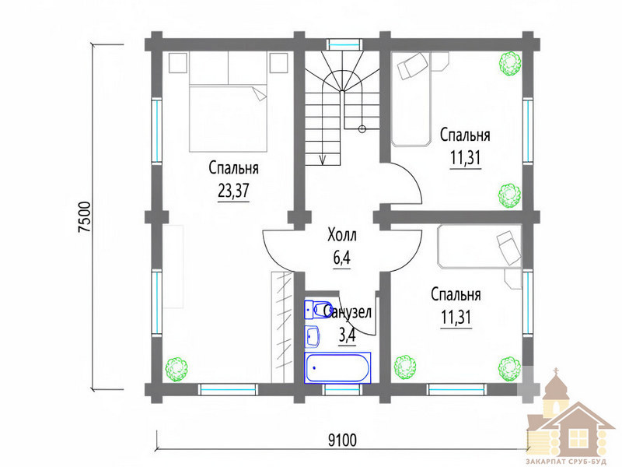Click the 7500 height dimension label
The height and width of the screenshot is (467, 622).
pyautogui.click(x=86, y=217)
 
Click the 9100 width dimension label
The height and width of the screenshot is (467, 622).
pyautogui.click(x=343, y=440)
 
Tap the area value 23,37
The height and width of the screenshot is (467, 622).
pyautogui.click(x=234, y=191)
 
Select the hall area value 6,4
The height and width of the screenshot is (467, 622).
pyautogui.click(x=342, y=258)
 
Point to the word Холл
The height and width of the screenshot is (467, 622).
pyautogui.click(x=342, y=235)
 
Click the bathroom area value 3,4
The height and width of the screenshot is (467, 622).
pyautogui.click(x=348, y=335)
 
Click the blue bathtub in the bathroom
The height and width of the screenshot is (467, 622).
pyautogui.click(x=337, y=367)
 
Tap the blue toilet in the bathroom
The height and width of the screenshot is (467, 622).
pyautogui.click(x=316, y=309)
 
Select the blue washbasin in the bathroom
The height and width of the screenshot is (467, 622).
pyautogui.click(x=313, y=336)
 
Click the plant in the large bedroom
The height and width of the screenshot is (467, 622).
pyautogui.click(x=176, y=369)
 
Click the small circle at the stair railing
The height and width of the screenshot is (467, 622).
pyautogui.click(x=362, y=128)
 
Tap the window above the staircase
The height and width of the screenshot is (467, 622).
pyautogui.click(x=344, y=44)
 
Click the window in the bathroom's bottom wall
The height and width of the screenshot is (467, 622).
pyautogui.click(x=343, y=390)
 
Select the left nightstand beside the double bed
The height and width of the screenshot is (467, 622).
pyautogui.click(x=178, y=63)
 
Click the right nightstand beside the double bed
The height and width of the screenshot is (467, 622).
pyautogui.click(x=278, y=63)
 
